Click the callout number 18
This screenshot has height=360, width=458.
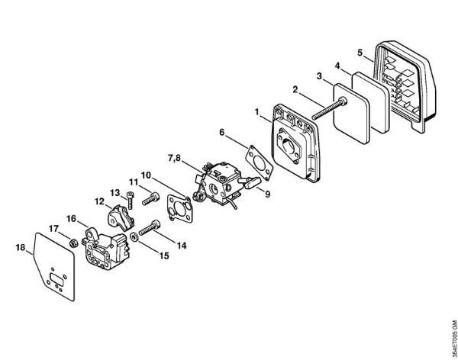pyautogui.click(x=20, y=248)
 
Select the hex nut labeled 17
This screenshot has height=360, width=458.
pyautogui.click(x=73, y=243)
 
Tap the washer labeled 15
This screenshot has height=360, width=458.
pyautogui.click(x=134, y=236)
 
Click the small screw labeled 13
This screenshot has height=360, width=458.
pyautogui.click(x=130, y=200)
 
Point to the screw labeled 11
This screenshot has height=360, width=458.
pyautogui.click(x=150, y=199)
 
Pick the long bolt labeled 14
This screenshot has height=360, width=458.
pyautogui.click(x=150, y=228)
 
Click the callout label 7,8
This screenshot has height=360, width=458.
pyautogui.click(x=174, y=158)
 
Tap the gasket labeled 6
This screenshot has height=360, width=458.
pyautogui.click(x=259, y=164)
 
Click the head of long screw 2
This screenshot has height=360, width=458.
pyautogui.click(x=342, y=102)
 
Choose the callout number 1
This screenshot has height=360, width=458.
pyautogui.click(x=257, y=111)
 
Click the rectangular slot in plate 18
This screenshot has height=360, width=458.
pyautogui.click(x=56, y=278)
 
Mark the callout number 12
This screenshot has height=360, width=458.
pyautogui.click(x=99, y=201)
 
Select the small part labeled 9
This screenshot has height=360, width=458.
pyautogui.click(x=251, y=182)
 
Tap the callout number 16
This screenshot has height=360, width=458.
pyautogui.click(x=71, y=219)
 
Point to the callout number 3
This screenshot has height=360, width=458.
pyautogui.click(x=319, y=76)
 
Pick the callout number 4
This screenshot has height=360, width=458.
pyautogui.click(x=337, y=66)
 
